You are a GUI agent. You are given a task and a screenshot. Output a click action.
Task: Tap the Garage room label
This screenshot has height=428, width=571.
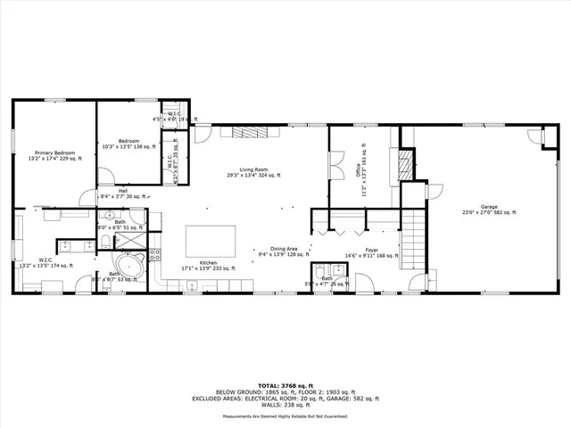(x=489, y=210)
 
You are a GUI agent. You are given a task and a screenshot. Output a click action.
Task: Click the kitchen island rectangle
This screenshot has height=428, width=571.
(x=211, y=240)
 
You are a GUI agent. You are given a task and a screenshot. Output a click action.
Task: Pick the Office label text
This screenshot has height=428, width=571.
(x=361, y=160)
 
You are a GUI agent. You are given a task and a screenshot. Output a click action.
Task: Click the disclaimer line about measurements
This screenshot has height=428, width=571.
(x=285, y=416)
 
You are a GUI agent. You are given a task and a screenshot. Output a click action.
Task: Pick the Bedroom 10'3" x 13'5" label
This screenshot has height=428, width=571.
(x=129, y=144)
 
